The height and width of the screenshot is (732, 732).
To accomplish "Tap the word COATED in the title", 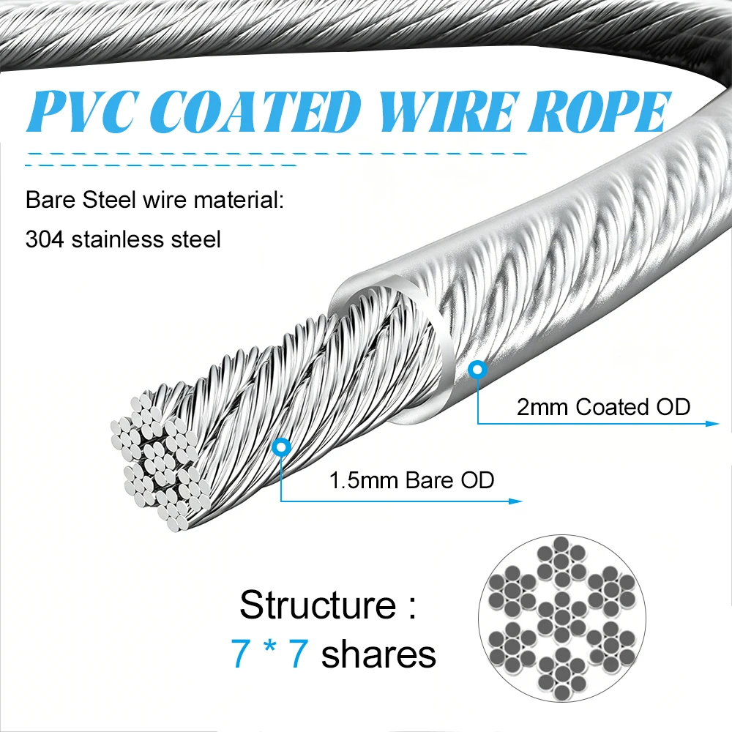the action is coord(255,111).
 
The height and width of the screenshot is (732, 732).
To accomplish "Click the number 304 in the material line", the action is coord(45,239).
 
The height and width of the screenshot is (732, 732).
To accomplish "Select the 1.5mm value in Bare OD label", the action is coord(364,480).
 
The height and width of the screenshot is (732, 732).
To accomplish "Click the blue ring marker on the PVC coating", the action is coord(477,370).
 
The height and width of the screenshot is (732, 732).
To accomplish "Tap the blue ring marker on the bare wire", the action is coord(282,447).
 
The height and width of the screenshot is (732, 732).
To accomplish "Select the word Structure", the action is coord(318,605).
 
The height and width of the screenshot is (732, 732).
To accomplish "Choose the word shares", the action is coord(378,654).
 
